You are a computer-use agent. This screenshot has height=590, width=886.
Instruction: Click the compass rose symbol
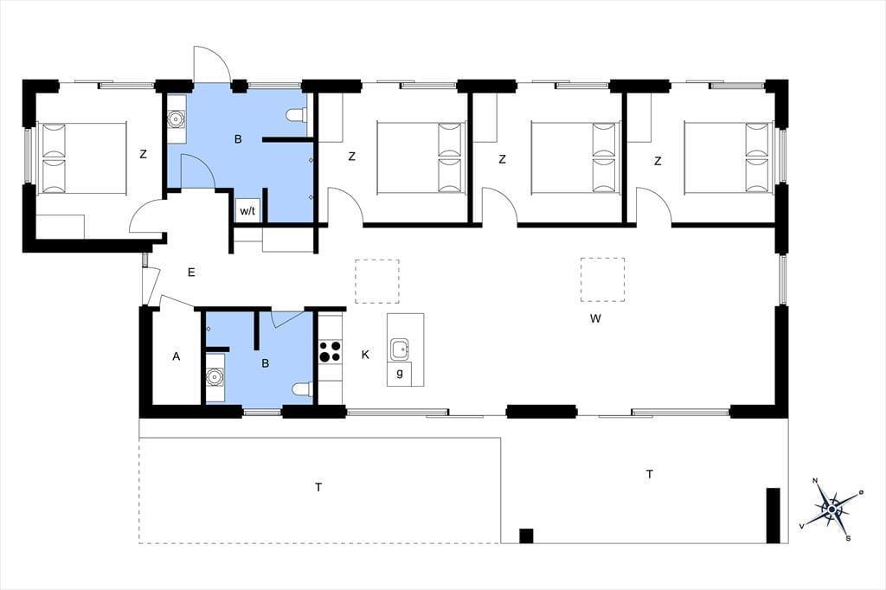[831, 510]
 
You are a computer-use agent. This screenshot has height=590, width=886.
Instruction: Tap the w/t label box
[248, 211]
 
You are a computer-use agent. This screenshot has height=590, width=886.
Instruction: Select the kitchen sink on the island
[401, 350]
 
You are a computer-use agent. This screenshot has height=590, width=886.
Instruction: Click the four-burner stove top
[330, 350]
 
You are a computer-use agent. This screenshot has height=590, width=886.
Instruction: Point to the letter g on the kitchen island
[400, 373]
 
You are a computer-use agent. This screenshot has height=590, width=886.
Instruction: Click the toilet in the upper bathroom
[297, 115]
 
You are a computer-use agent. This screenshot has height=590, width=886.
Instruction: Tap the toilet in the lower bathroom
[302, 389]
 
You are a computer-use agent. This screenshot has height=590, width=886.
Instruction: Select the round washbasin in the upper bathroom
[177, 119]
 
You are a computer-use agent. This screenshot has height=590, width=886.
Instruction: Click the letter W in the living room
[595, 318]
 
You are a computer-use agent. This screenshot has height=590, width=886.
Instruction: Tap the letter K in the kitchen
[365, 355]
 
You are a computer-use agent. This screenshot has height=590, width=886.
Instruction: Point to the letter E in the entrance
[191, 273]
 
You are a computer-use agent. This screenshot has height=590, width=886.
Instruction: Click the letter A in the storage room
[177, 356]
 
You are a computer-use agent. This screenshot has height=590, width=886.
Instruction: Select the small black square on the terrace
[526, 535]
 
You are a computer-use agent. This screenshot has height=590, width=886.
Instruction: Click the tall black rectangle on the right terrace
[773, 516]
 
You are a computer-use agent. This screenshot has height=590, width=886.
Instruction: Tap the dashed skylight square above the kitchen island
[377, 281]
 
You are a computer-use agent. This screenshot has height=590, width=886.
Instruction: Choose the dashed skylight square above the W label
[602, 279]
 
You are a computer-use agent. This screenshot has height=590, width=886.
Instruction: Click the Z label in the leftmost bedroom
[143, 154]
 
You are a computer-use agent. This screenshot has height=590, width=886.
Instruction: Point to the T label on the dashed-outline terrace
[318, 487]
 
